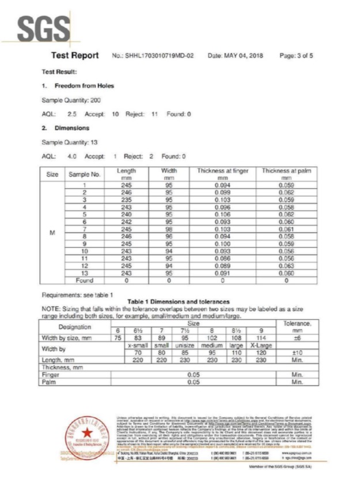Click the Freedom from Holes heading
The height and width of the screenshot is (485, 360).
point(84,86)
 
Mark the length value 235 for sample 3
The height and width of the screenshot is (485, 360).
point(126,199)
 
